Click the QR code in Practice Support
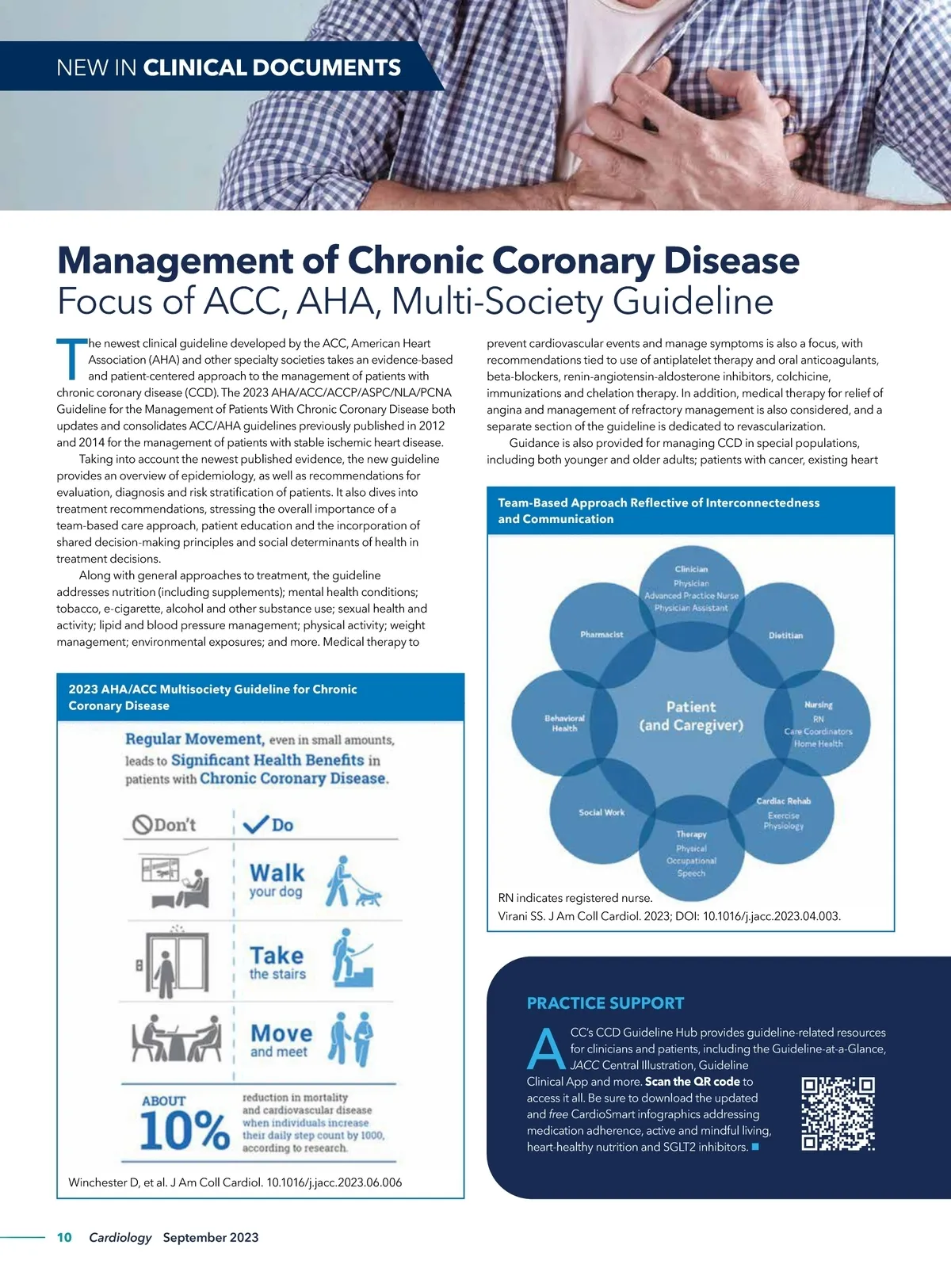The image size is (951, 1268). pos(838,1113)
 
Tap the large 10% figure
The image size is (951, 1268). pos(184,1129)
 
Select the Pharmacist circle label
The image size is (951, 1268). pos(602,634)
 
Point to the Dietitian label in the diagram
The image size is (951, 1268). pos(785,636)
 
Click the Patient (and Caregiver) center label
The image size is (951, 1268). pos(691,716)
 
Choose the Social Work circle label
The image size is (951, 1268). pos(602,812)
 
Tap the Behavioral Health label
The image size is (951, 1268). pos(564,723)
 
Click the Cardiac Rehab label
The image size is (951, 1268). pos(783,801)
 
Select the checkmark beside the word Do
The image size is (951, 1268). pos(256,825)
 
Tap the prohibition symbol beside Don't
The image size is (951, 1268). pos(142,825)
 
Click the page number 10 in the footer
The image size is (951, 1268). pos(64,1237)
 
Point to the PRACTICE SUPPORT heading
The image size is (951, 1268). pos(605,1003)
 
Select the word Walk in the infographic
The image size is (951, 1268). pos(277,873)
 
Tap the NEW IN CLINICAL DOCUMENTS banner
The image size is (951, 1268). pos(228,67)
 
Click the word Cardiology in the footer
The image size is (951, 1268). pos(120,1237)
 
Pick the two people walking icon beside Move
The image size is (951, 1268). pos(350,1038)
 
